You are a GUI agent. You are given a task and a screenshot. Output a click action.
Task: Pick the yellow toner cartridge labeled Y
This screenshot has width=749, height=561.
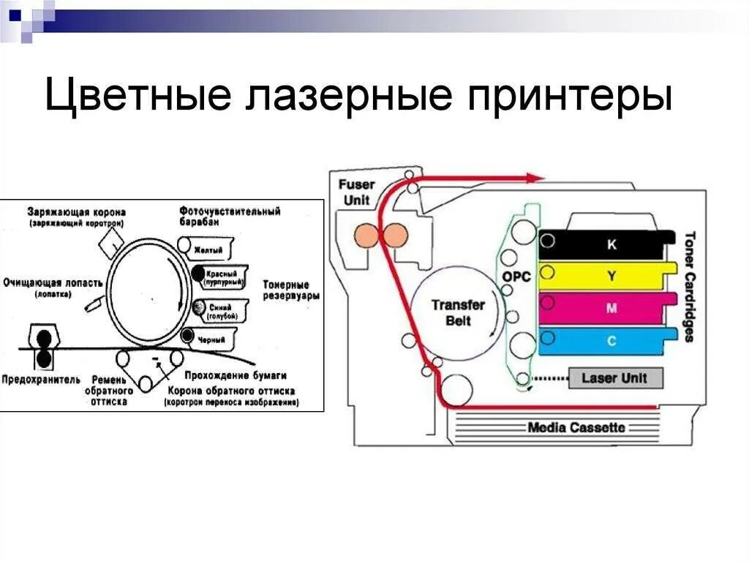coord(607,276)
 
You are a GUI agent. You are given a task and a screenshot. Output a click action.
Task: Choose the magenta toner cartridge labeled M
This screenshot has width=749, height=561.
coord(607,308)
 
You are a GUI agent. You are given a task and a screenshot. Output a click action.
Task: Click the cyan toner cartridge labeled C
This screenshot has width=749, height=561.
coord(607,340)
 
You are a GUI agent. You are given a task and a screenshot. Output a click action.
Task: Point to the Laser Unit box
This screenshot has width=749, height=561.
coord(614,378)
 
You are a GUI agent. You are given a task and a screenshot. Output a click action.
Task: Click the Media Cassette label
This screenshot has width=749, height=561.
coord(576,427)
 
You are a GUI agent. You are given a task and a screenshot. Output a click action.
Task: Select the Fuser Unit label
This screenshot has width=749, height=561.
coord(355,192)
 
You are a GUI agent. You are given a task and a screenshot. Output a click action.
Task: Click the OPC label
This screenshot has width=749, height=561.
coord(516,277)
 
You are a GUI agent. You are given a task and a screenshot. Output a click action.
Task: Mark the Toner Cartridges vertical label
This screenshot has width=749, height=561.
coord(689,287)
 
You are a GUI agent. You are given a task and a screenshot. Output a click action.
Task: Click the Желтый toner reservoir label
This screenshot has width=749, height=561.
coord(208,250)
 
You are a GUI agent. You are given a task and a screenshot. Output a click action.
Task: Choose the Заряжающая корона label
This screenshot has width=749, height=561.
coord(77,211)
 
